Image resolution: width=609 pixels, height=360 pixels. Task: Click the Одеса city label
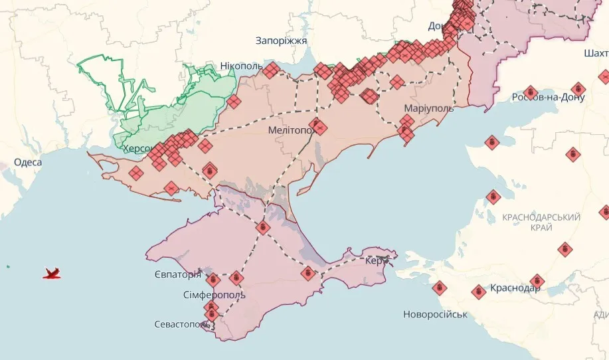[x=27, y=162]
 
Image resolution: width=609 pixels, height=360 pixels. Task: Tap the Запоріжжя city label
[x=281, y=41]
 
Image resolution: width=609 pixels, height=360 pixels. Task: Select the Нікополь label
[x=241, y=66]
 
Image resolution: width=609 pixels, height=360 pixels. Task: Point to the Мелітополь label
[x=290, y=131]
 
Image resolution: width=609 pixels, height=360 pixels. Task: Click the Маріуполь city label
[x=428, y=108]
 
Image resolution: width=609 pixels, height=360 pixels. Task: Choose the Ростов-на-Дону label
[x=548, y=98]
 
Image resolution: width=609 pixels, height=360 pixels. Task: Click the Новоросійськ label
[x=435, y=314]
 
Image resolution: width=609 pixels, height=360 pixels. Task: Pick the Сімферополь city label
[x=214, y=294]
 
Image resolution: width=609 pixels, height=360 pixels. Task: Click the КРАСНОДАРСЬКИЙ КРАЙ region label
[x=541, y=223]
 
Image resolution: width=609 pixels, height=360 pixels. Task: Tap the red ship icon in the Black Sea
[x=52, y=273]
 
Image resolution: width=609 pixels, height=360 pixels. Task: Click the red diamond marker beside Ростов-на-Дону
[x=529, y=92]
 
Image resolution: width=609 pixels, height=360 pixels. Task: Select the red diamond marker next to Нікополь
[x=270, y=70]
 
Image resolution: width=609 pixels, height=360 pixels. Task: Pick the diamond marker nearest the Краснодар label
[x=537, y=282]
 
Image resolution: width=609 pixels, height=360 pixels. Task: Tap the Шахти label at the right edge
[x=595, y=53]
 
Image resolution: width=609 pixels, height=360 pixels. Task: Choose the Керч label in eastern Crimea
[x=375, y=261]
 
